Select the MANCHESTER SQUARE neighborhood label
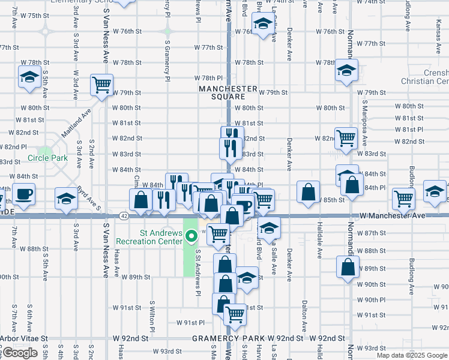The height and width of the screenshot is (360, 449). coord(228,92)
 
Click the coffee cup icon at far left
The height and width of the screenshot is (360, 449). coord(23,194)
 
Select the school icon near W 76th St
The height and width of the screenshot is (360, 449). coord(262,25)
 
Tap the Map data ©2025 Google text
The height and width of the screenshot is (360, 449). coord(412,355)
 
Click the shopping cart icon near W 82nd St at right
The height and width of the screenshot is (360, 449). coord(346,137)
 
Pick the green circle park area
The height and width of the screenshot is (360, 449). coord(44,151)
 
